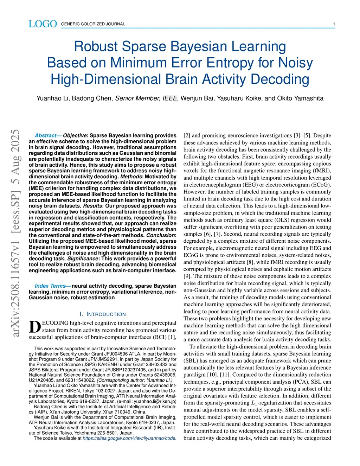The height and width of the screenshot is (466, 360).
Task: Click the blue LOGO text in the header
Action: (43, 24)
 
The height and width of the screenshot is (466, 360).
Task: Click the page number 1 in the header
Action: (334, 24)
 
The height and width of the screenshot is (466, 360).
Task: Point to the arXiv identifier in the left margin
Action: (15, 232)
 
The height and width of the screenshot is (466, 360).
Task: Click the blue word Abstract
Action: (46, 135)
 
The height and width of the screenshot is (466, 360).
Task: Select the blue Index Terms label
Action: (50, 286)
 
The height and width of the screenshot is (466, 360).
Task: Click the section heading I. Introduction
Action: (103, 314)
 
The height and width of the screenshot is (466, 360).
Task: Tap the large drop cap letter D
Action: (34, 327)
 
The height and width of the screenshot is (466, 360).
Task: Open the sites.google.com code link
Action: (129, 438)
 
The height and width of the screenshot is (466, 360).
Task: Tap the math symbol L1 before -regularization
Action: (255, 403)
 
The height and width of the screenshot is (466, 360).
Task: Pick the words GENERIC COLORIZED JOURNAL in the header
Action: (93, 24)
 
